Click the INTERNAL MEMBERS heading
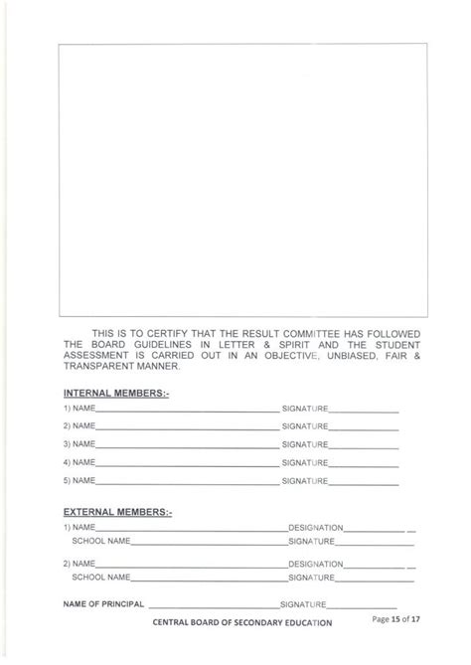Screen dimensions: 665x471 115,394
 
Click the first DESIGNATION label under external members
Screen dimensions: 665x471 316,527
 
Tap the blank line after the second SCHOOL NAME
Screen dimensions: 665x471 209,577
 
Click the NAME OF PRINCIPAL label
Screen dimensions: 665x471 104,603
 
